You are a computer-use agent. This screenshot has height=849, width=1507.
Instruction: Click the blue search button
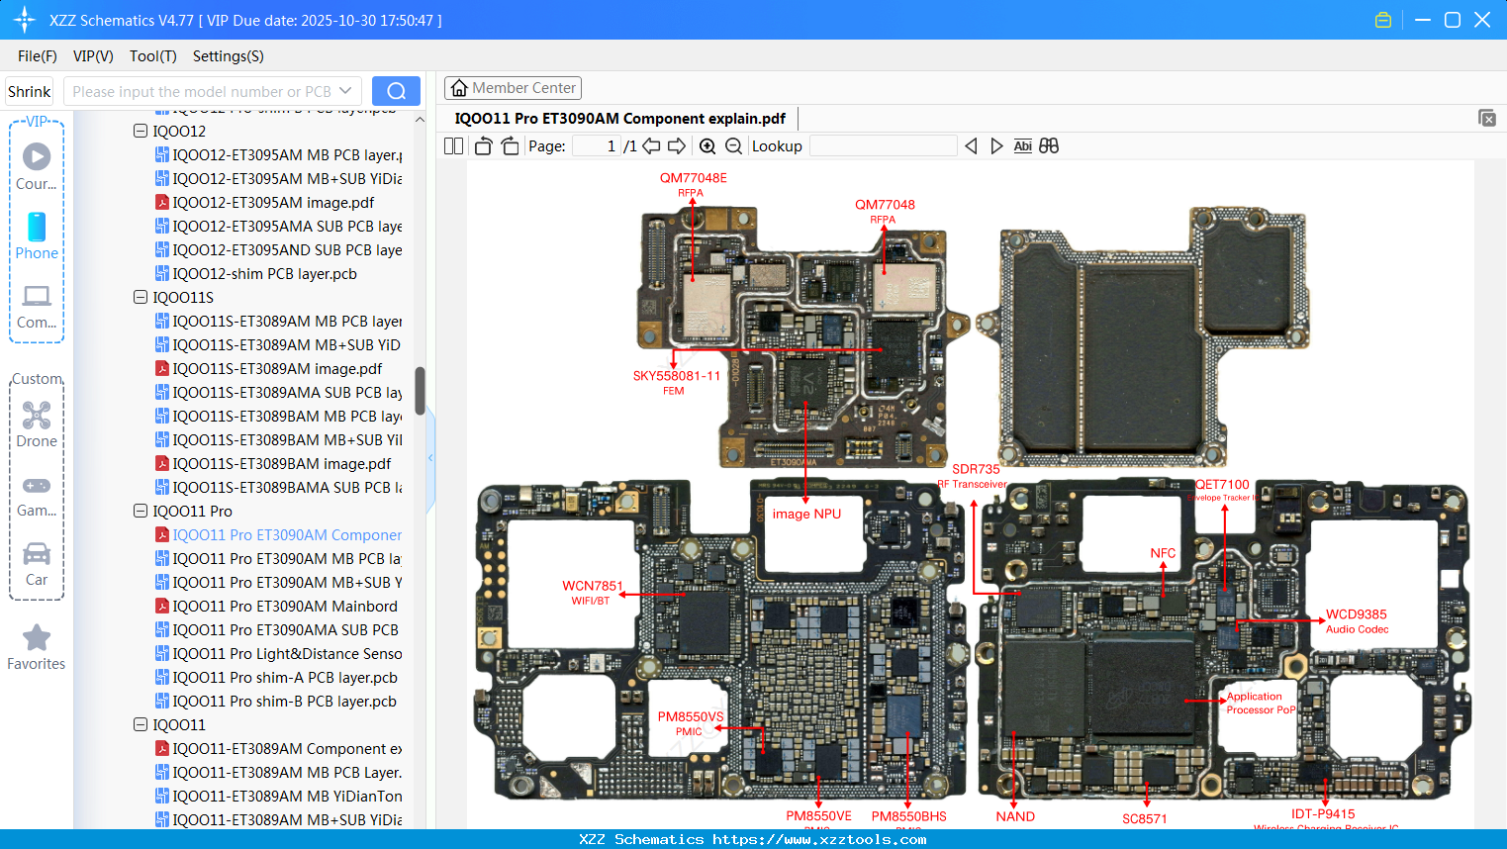coord(396,91)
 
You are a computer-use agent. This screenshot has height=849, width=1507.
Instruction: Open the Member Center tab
coord(513,88)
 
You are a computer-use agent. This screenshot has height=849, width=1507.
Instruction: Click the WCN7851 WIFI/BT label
coord(592,592)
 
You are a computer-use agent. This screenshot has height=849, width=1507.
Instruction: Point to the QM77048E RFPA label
coord(693,184)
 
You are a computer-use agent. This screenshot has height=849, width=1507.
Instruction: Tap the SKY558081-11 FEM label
coord(676,382)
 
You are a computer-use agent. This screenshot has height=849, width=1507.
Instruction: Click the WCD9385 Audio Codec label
coord(1357,620)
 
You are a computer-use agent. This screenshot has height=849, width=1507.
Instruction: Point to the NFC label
coord(1163,553)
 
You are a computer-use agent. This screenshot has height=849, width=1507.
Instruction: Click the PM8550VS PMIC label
coord(690,723)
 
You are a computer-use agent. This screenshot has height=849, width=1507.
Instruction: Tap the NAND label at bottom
coord(1015,816)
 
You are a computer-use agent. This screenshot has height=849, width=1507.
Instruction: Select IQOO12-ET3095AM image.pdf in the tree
coord(273,202)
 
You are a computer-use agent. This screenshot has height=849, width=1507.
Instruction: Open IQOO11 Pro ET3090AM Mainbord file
coord(284,606)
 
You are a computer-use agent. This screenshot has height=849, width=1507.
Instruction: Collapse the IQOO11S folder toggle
coord(141,297)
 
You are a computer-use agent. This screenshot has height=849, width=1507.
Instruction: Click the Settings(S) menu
coord(228,56)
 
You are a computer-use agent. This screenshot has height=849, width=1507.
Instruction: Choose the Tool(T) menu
coord(152,56)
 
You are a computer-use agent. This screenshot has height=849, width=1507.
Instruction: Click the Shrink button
coord(29,91)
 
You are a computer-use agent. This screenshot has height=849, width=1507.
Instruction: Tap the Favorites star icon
coord(37,638)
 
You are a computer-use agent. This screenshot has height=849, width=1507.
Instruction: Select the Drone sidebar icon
coord(37,416)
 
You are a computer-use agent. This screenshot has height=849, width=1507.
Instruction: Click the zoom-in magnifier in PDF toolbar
coord(707,146)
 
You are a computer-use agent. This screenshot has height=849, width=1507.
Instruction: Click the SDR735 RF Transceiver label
coord(975,475)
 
